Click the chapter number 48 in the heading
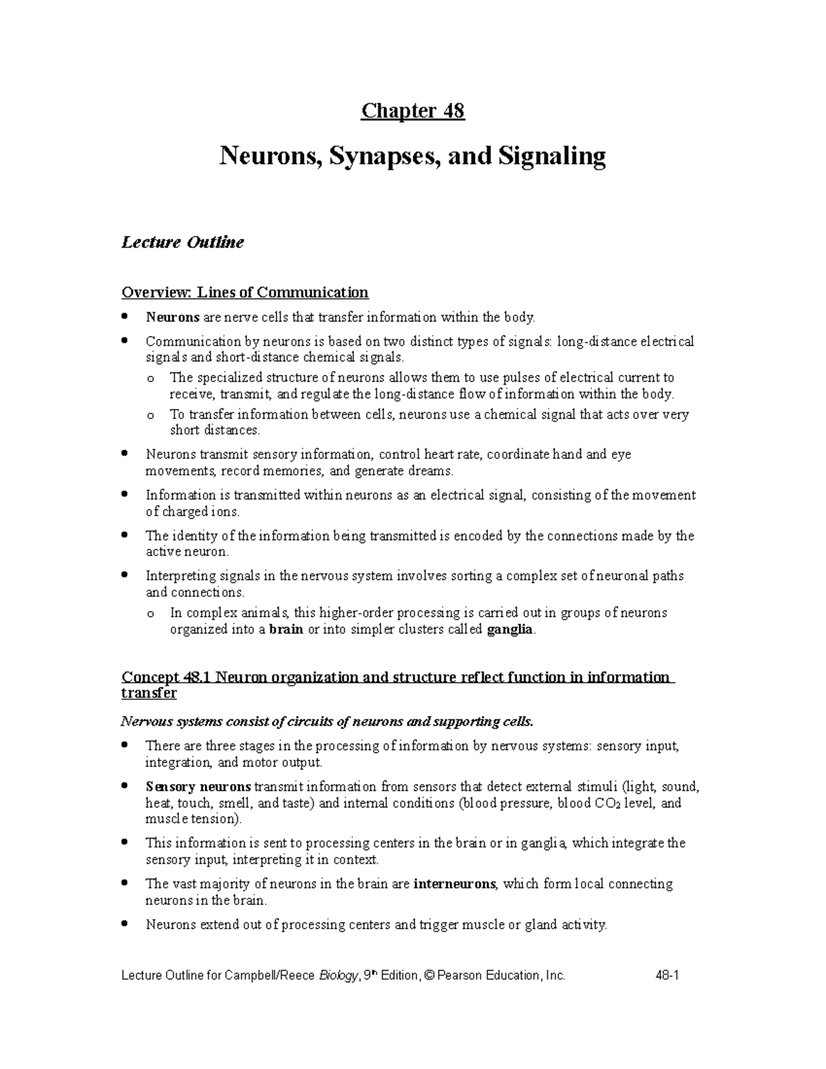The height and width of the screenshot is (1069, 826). [454, 111]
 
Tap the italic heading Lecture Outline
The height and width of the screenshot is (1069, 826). [182, 242]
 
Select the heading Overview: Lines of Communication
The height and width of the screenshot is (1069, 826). [244, 293]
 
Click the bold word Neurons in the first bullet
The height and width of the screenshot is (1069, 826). [172, 317]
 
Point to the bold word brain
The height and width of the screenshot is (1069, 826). [286, 630]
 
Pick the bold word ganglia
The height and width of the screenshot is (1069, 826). [509, 630]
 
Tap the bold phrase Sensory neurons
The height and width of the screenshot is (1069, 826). [199, 787]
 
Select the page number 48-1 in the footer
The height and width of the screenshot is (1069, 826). [668, 975]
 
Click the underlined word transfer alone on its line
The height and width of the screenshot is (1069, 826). [149, 693]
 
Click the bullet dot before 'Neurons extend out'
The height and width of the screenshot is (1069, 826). [125, 924]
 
